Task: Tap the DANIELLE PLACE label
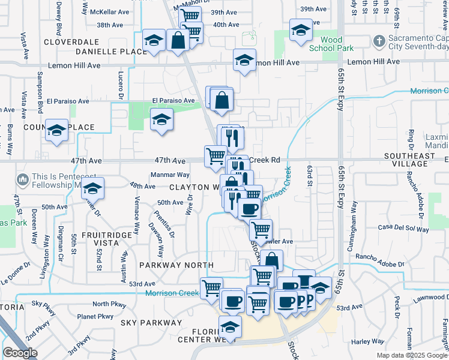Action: [x=111, y=52]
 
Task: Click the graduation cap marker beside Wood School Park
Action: [x=301, y=30]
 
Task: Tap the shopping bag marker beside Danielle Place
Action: [x=178, y=41]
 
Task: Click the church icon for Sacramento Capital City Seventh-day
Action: [x=379, y=41]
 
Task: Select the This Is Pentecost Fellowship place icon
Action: [x=23, y=179]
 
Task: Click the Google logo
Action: [x=20, y=353]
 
